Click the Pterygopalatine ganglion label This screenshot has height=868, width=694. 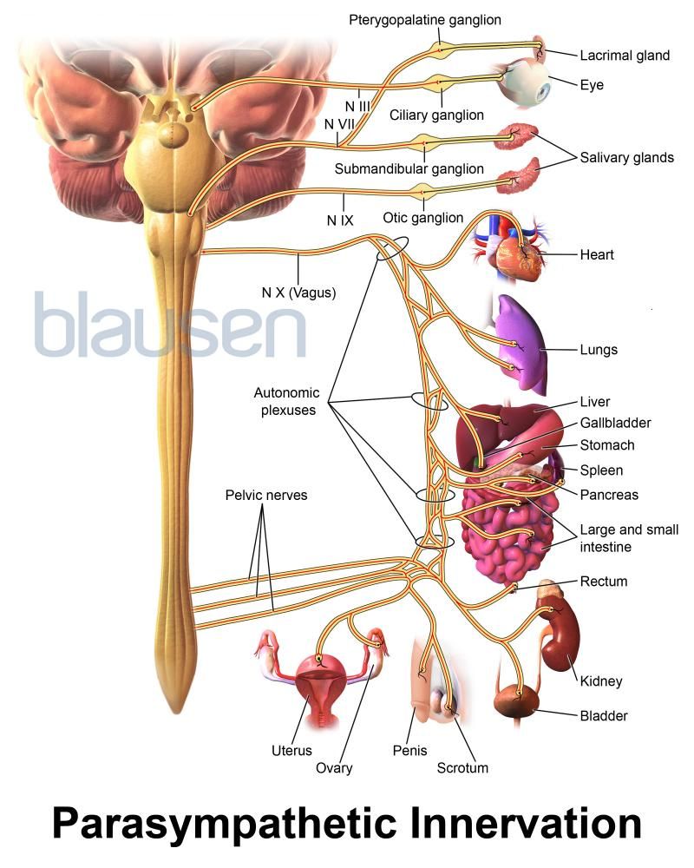coord(425,19)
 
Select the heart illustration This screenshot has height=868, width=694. coord(518,255)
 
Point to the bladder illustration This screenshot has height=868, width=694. coord(515,701)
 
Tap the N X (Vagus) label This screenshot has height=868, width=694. coord(298,293)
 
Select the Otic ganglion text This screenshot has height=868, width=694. coord(422,218)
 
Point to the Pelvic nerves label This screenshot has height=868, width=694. coord(266,496)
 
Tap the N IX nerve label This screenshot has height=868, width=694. coord(340,220)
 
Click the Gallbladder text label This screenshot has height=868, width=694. coord(616,423)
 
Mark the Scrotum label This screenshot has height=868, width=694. coord(462,767)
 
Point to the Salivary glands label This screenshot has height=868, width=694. coord(628,158)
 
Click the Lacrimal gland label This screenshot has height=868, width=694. coord(625,56)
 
